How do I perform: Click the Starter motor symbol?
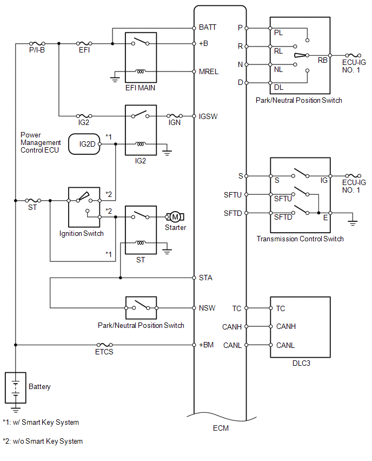(175, 217)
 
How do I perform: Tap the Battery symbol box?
(16, 388)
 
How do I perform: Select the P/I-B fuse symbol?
(37, 43)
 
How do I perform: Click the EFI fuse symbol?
(84, 43)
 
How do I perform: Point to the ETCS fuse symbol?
(104, 345)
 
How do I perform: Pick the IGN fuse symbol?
(175, 116)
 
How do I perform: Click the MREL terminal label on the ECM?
(208, 72)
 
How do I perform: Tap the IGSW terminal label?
(208, 116)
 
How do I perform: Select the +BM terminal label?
(206, 345)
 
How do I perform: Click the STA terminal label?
(205, 278)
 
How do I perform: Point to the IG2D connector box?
(84, 144)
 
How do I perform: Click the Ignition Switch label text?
(82, 233)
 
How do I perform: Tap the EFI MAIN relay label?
(140, 88)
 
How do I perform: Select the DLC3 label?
(301, 364)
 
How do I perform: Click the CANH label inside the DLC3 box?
(286, 326)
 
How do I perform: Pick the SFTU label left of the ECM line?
(232, 195)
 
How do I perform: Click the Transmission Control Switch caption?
(300, 239)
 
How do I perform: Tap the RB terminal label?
(322, 60)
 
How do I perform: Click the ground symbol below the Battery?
(16, 409)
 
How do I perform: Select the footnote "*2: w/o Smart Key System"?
(43, 442)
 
